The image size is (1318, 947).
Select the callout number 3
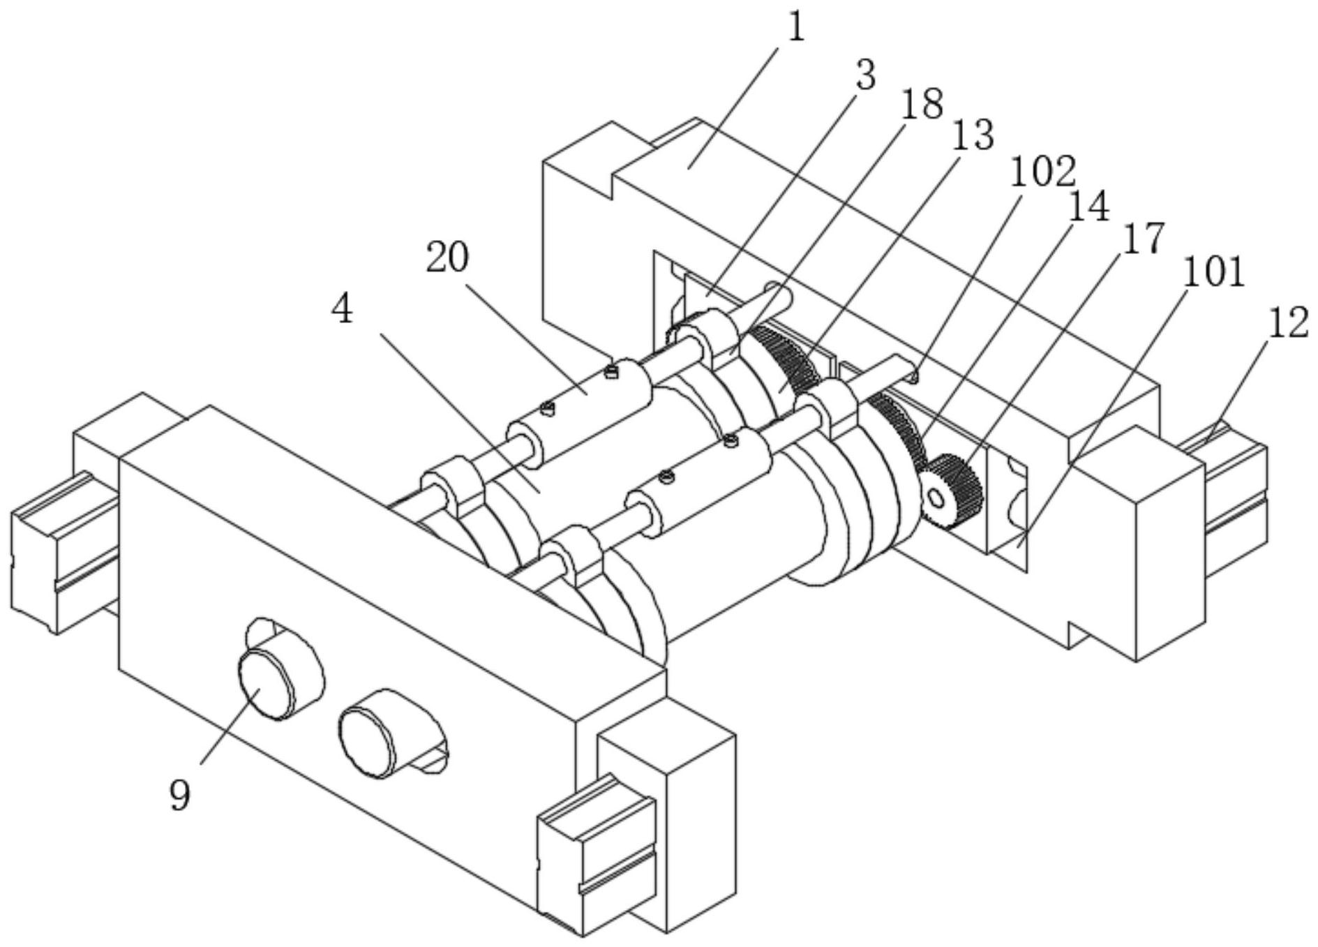click(865, 75)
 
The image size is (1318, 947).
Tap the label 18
click(923, 105)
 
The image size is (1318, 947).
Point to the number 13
click(973, 135)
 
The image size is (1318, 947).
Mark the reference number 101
click(1213, 272)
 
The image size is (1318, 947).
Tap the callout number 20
click(447, 258)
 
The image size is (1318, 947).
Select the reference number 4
click(342, 310)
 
